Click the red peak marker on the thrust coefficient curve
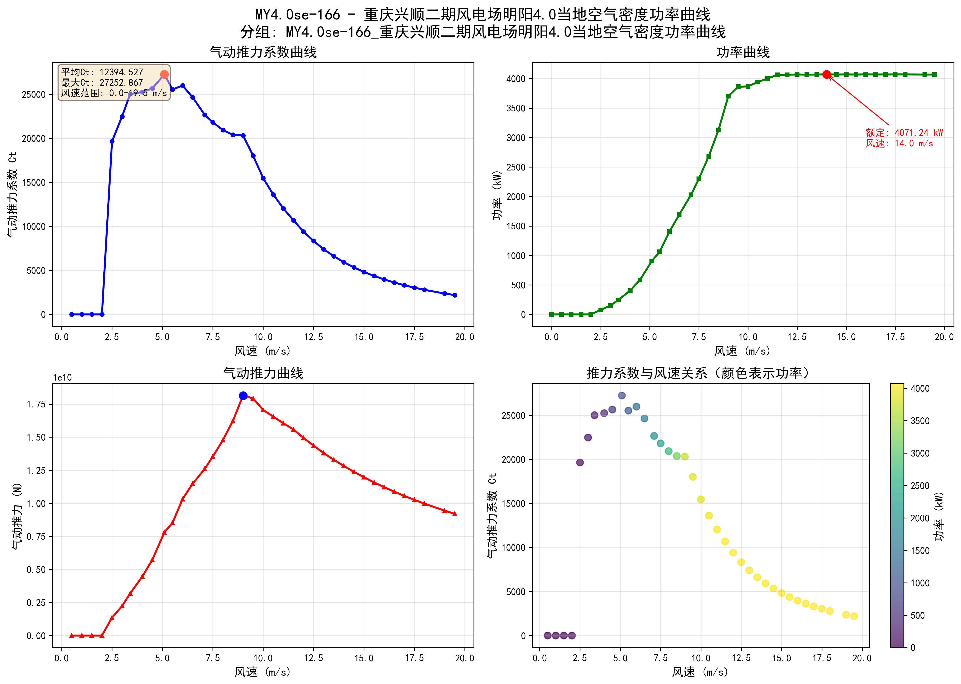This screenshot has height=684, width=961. point(164,75)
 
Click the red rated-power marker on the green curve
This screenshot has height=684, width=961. point(827,75)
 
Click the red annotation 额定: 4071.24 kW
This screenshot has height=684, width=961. point(904,133)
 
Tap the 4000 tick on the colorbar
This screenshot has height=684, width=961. point(920,389)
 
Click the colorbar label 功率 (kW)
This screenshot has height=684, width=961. point(939,516)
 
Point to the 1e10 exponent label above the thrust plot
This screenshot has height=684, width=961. point(62,377)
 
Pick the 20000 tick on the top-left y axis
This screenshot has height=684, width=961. point(34,139)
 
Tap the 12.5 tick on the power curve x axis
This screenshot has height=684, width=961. point(797,337)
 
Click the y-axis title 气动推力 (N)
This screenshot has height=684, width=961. point(17,516)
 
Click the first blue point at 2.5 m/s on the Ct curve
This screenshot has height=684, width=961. point(112,142)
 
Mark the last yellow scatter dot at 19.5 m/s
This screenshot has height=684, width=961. point(854,616)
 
